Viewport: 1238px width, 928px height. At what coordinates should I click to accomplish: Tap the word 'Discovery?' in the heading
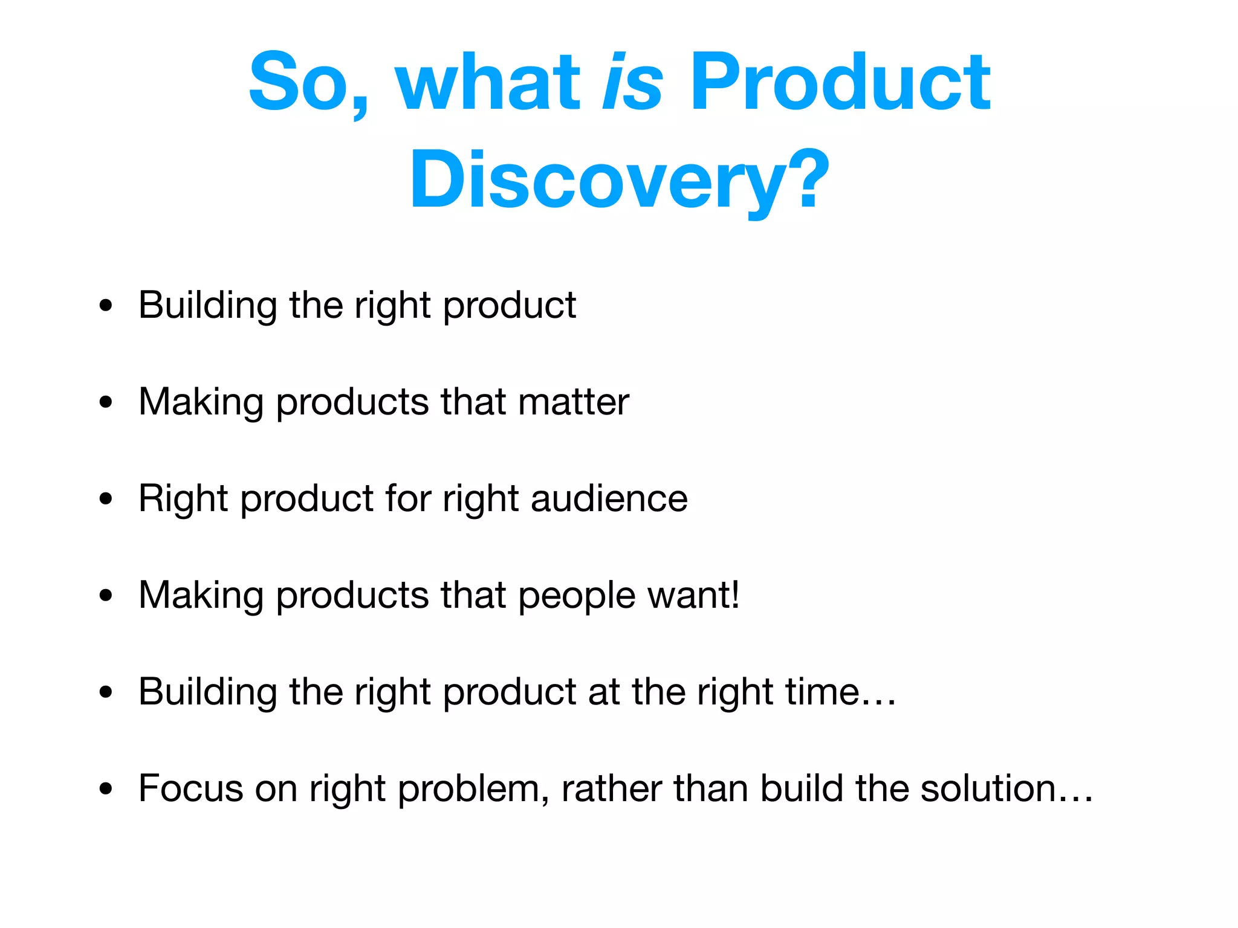(x=620, y=180)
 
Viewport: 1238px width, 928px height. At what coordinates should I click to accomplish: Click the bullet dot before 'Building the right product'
(x=106, y=306)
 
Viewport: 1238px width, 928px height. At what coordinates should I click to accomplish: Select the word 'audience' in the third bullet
(x=609, y=499)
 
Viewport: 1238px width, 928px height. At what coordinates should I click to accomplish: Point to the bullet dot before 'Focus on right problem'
(x=106, y=789)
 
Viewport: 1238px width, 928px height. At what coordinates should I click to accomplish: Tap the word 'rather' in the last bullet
(x=611, y=788)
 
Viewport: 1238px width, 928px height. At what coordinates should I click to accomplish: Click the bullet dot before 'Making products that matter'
(x=106, y=402)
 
